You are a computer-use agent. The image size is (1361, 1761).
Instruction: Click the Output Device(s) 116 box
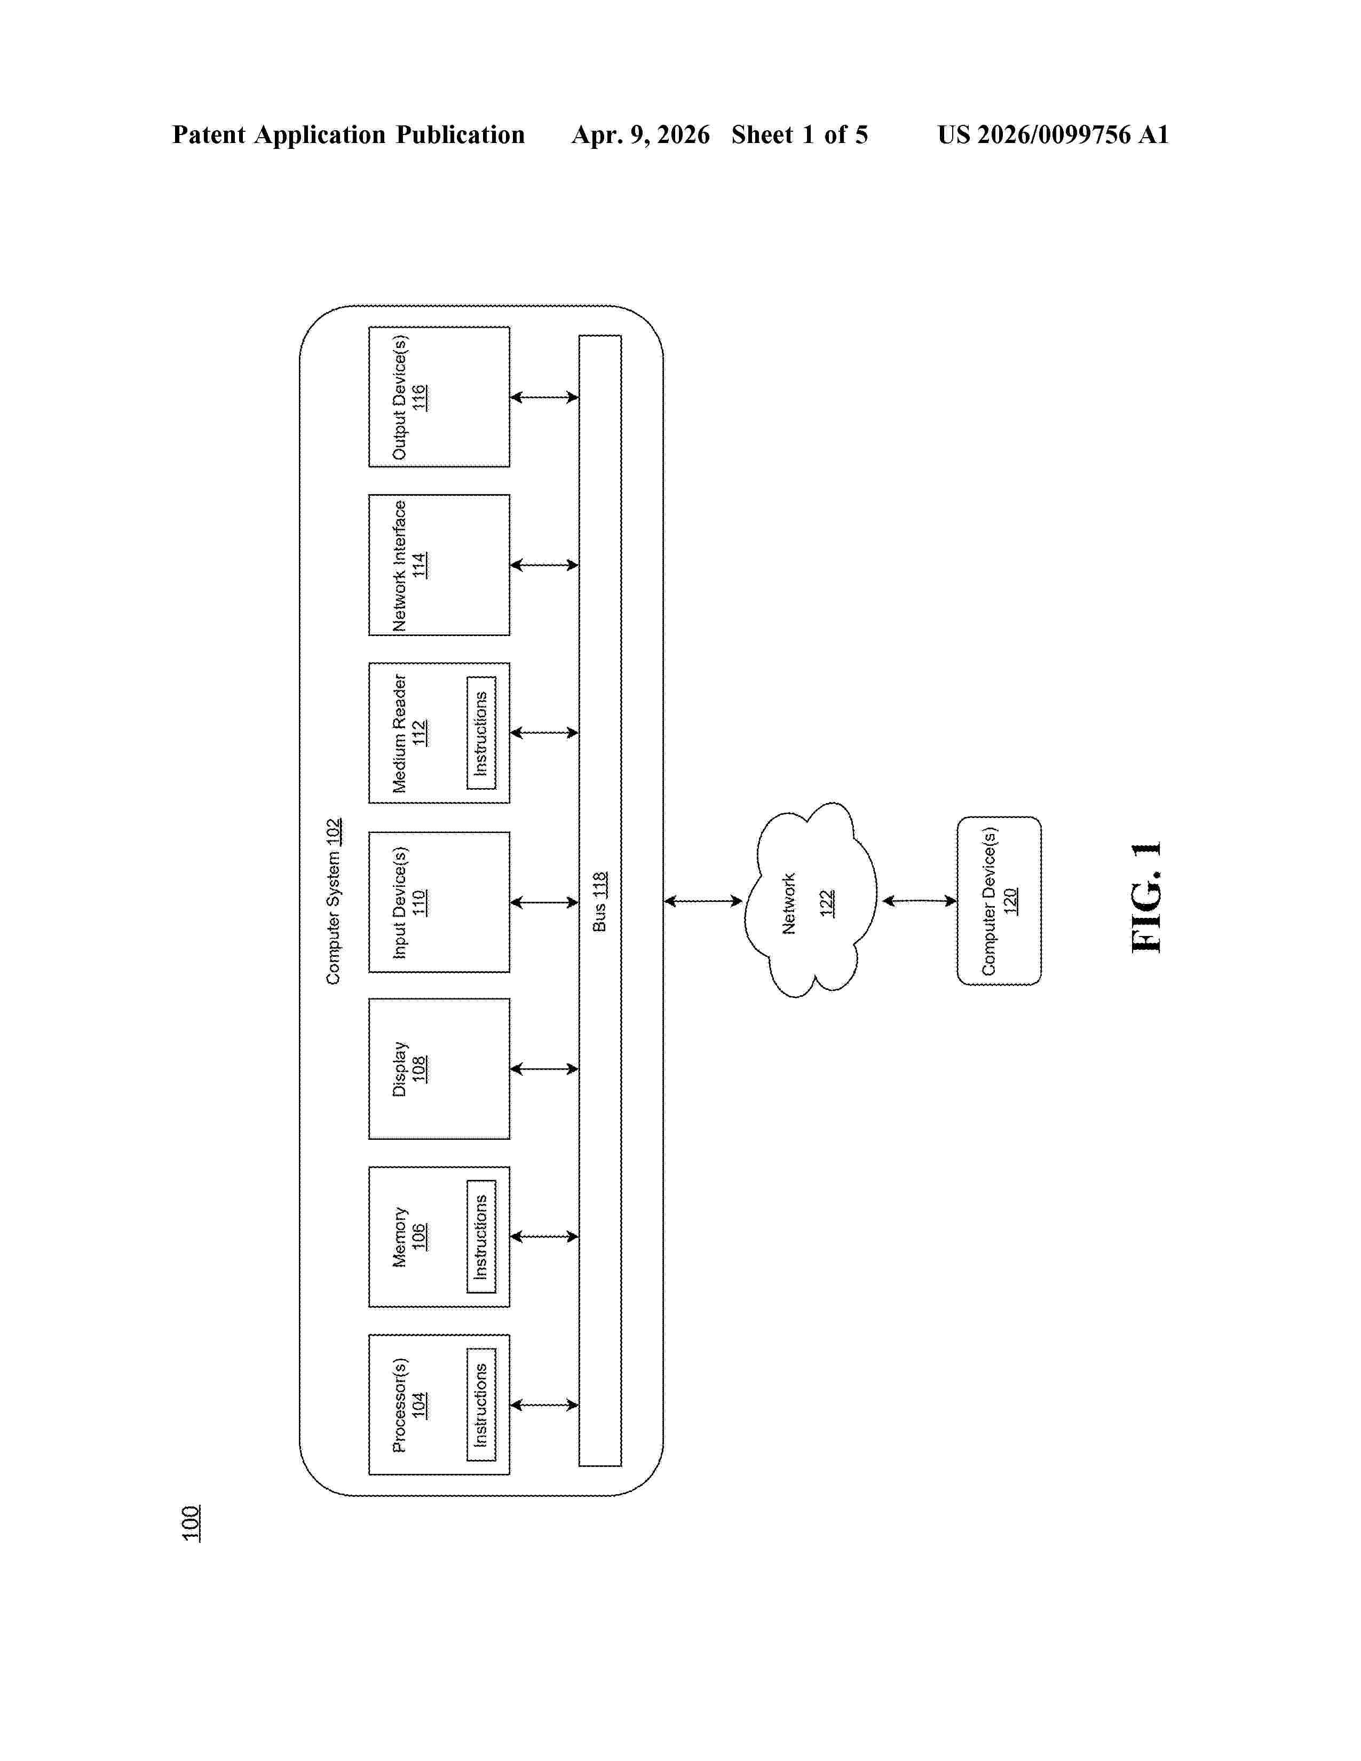point(439,396)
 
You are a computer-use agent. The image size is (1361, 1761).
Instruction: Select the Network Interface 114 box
point(439,565)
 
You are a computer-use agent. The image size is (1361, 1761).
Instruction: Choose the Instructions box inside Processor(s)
point(481,1405)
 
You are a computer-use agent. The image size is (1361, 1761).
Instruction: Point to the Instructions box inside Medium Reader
point(481,733)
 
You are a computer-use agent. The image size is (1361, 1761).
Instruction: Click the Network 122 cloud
point(810,900)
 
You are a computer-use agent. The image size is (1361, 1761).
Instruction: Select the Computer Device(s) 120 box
point(999,901)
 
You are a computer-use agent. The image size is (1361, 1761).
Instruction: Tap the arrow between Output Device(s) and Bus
point(544,396)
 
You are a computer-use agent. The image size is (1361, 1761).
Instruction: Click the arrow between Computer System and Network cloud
point(703,901)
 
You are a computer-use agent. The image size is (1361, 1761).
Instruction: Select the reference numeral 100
point(191,1523)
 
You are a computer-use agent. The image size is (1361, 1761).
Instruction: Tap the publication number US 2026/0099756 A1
point(1053,134)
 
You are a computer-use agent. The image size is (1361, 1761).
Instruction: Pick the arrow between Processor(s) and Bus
point(544,1405)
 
